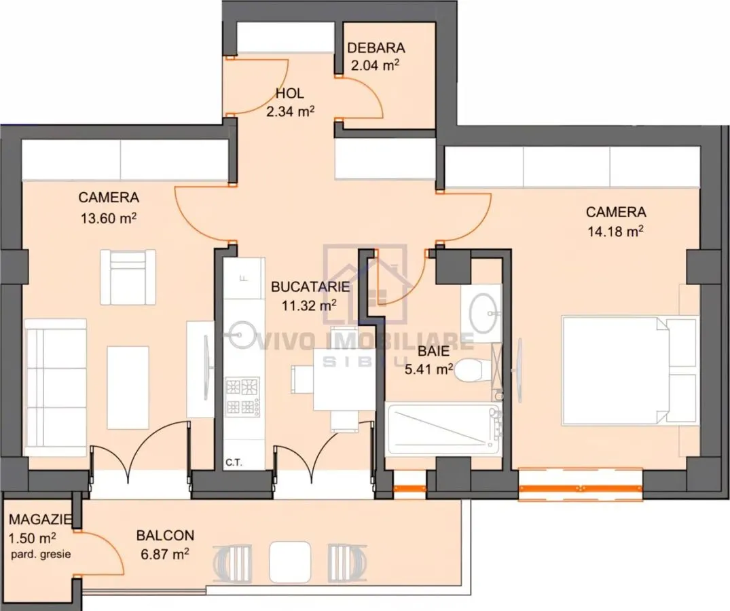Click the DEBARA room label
tap(376, 48)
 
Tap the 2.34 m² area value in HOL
tap(290, 111)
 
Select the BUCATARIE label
tap(310, 286)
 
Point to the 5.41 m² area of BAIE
tap(428, 369)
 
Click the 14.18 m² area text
tap(615, 231)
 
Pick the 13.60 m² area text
tap(109, 218)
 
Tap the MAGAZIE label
tap(41, 519)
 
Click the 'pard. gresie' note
tap(41, 554)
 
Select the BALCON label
tap(165, 535)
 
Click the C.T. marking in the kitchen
tap(234, 462)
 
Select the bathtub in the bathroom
tap(443, 429)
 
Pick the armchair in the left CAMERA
tap(128, 277)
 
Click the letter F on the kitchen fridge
tap(242, 278)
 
